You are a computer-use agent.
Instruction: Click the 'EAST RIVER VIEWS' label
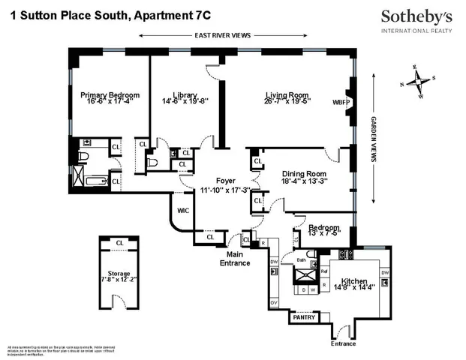(222, 35)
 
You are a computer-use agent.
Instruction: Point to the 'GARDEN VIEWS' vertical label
(373, 140)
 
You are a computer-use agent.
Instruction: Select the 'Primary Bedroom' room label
(110, 95)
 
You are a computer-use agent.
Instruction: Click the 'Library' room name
(185, 95)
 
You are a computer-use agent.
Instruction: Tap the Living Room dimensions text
(287, 101)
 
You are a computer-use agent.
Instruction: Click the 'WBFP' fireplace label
(341, 103)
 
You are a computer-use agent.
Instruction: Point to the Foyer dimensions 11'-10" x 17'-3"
(225, 191)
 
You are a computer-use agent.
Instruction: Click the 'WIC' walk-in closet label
(182, 211)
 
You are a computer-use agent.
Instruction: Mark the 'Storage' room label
(119, 274)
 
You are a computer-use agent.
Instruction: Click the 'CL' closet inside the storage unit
(119, 243)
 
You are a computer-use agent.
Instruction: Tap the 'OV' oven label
(273, 302)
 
